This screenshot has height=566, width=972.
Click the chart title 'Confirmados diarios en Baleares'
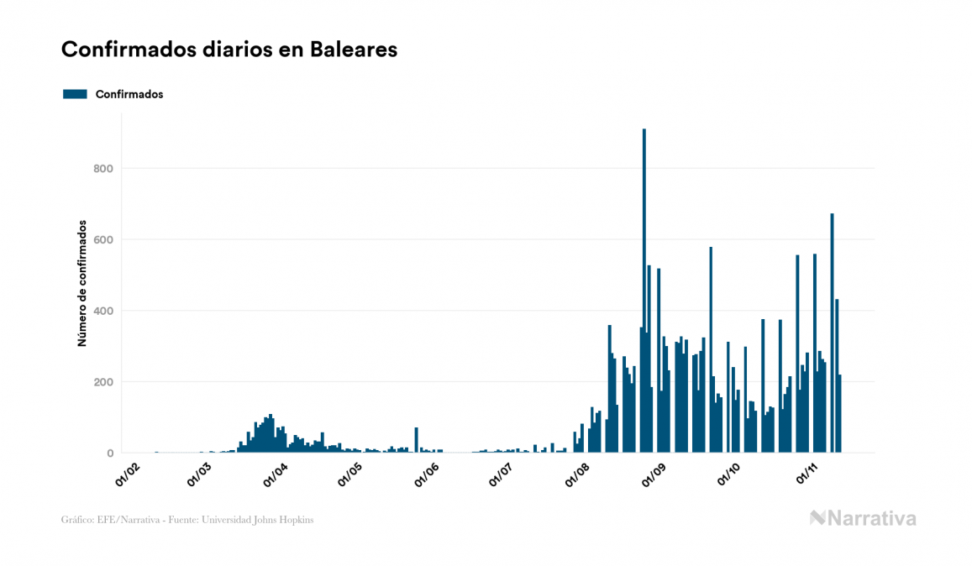(229, 50)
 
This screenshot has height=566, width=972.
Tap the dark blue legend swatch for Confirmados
(75, 94)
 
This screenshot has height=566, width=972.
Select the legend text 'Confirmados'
(129, 94)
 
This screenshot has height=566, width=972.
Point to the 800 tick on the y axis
(103, 169)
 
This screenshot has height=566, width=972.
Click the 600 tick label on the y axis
(103, 240)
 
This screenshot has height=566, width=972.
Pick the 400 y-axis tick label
(103, 312)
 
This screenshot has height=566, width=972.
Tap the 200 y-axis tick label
(103, 382)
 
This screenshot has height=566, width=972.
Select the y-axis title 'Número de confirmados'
(82, 284)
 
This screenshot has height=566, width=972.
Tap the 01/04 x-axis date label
(277, 474)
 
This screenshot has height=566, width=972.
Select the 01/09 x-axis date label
(654, 474)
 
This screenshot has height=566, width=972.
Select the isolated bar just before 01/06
(416, 428)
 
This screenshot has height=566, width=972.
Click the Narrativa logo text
(871, 518)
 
